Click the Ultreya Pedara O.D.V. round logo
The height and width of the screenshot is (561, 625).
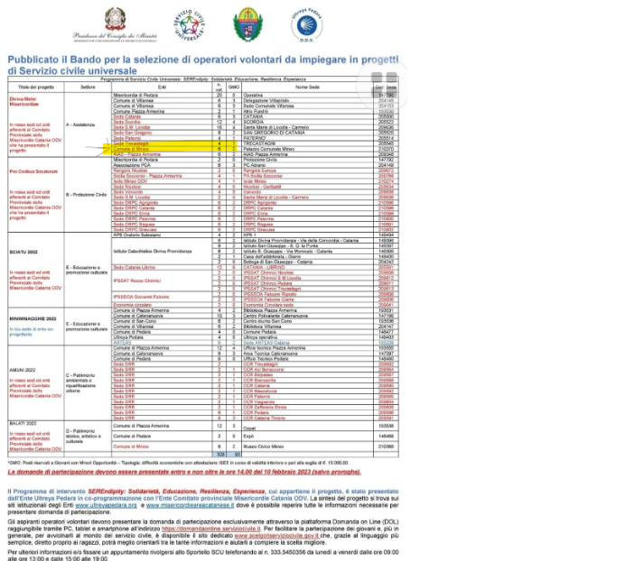(306, 24)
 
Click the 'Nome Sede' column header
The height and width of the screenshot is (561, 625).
(306, 86)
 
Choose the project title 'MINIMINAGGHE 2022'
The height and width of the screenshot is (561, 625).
(33, 318)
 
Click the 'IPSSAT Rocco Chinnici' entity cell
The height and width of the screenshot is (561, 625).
(137, 280)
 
